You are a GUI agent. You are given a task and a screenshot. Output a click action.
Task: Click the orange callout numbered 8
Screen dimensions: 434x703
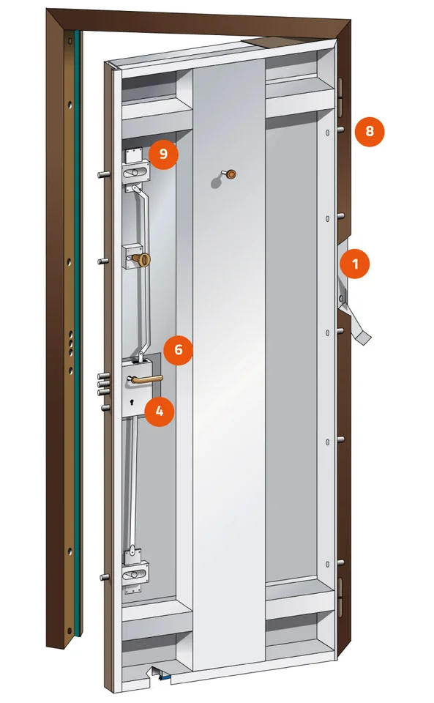tap(369, 131)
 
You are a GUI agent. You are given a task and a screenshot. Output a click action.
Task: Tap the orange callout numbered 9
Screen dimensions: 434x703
tap(163, 154)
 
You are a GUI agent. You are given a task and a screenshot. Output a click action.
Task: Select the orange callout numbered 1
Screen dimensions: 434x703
tap(355, 264)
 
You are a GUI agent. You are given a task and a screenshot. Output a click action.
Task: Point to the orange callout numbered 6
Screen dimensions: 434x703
tap(179, 349)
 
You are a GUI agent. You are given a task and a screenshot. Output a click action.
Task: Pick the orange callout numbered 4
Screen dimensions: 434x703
tap(160, 411)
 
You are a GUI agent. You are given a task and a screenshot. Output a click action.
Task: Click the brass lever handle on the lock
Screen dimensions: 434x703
tap(146, 379)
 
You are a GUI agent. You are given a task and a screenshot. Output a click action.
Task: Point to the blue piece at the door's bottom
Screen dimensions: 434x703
tap(166, 677)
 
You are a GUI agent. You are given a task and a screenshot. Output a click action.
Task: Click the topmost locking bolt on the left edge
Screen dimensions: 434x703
tap(104, 174)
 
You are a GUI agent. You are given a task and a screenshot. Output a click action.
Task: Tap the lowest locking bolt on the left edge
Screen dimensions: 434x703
tap(105, 577)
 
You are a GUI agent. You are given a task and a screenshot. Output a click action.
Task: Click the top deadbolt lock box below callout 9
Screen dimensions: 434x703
tap(135, 173)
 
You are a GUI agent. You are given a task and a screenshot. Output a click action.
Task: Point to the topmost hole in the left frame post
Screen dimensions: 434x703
tap(70, 41)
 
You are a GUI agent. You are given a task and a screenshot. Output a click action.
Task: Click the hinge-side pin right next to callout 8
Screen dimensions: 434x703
tap(340, 130)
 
